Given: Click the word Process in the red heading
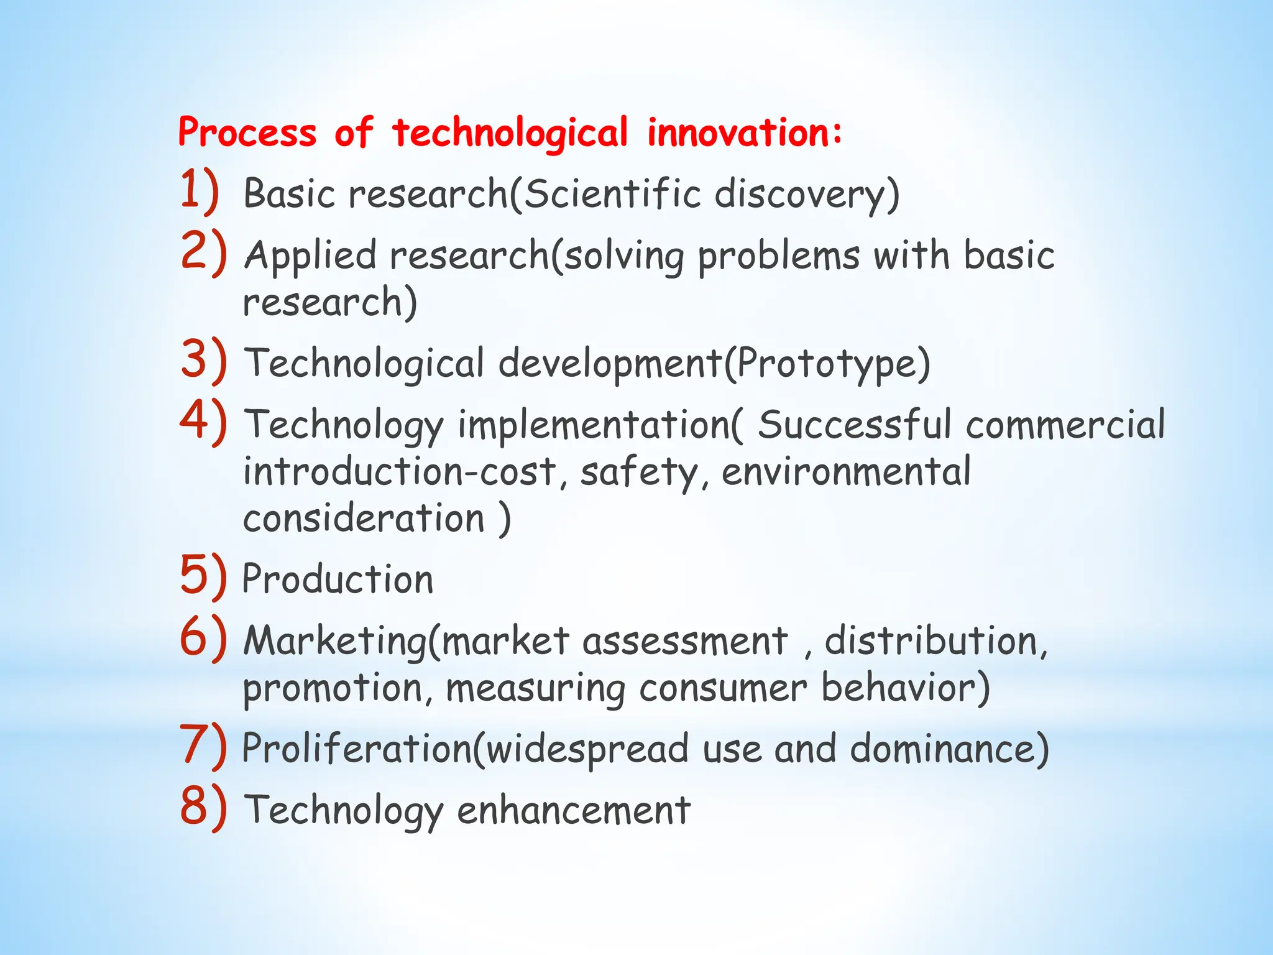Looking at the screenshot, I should click(247, 133).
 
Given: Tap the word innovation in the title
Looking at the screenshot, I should click(743, 133).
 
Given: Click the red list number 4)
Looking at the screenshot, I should click(203, 422).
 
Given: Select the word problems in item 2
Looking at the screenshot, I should click(778, 256).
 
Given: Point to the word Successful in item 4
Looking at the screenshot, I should click(854, 425).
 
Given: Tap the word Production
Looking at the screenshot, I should click(338, 579).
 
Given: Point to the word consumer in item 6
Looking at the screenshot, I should click(722, 689).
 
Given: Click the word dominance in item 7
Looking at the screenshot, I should click(949, 749).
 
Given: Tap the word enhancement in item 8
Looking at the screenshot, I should click(573, 811).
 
